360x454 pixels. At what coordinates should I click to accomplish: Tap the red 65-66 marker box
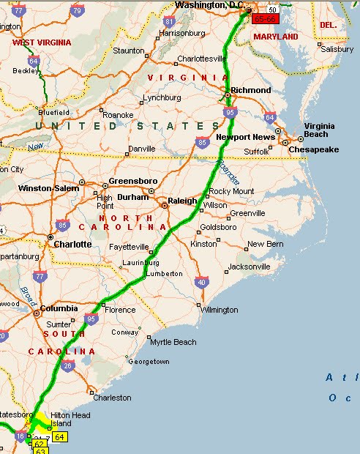264,18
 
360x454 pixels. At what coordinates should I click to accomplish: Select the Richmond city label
251,90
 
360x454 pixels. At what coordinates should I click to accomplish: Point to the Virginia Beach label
320,130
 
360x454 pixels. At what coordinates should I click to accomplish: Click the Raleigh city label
183,201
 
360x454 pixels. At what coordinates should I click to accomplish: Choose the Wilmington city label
219,310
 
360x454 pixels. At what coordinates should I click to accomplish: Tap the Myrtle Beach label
173,342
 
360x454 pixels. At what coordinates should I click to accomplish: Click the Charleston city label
112,398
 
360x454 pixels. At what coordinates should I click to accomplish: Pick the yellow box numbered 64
59,437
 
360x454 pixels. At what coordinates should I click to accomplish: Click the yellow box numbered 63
41,451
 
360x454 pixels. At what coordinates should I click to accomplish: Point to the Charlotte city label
72,244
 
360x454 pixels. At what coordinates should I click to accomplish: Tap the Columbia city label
59,308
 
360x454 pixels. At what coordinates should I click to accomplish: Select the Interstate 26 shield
67,365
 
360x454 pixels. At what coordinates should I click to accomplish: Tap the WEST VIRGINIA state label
35,42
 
